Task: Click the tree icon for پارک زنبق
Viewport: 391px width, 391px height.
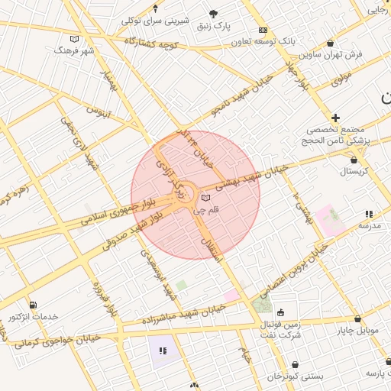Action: pos(214,13)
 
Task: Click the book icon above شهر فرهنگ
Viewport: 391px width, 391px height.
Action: pos(74,39)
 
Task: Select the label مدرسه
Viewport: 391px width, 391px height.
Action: pos(369,227)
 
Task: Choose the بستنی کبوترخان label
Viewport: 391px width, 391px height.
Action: pos(295,377)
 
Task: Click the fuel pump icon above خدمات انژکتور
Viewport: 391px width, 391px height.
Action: pos(32,305)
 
